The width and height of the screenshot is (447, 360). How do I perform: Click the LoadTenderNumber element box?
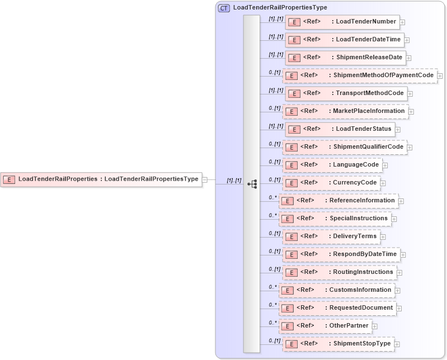(x=342, y=22)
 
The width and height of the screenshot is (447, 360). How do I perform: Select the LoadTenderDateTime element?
(x=345, y=40)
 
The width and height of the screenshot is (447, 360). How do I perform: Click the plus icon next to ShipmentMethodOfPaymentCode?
(x=440, y=75)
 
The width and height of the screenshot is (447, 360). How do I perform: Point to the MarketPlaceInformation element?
(x=345, y=111)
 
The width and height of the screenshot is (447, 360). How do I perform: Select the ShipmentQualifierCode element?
(x=345, y=147)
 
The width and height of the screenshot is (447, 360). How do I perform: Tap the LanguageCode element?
(x=332, y=165)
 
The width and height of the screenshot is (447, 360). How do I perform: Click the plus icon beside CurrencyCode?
(x=383, y=183)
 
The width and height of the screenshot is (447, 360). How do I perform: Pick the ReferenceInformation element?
(x=338, y=201)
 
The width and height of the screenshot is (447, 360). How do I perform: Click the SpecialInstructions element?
(x=335, y=219)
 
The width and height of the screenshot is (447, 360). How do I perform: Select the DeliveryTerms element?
(x=331, y=236)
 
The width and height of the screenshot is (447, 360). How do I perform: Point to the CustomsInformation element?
(x=336, y=290)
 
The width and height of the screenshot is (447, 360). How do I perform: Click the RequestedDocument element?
(x=337, y=308)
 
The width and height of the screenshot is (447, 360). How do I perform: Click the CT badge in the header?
(x=224, y=8)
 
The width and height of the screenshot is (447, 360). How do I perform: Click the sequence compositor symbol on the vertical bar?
(x=252, y=183)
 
